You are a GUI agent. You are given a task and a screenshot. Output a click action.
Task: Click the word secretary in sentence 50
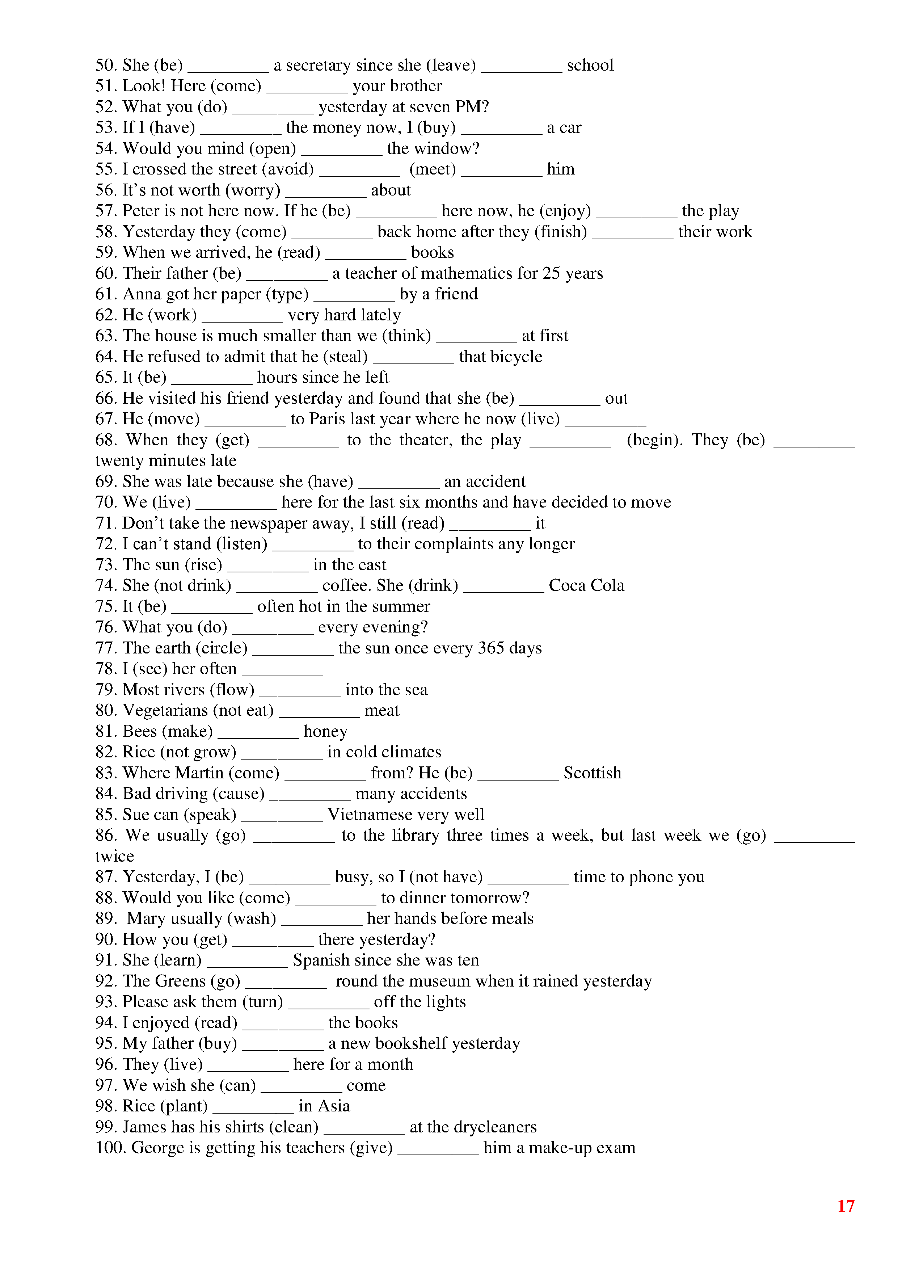click(318, 65)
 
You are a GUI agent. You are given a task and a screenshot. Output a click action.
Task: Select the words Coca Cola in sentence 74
click(586, 585)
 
